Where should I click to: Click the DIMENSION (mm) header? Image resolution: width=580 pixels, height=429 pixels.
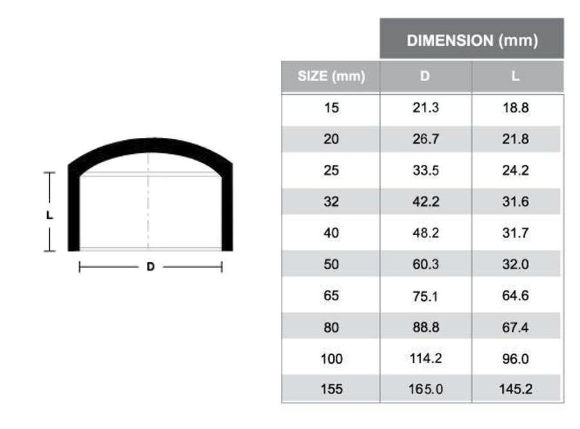click(x=472, y=40)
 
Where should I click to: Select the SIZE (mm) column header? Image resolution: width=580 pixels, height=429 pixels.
click(x=331, y=77)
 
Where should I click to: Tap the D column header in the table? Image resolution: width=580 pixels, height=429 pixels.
click(x=425, y=77)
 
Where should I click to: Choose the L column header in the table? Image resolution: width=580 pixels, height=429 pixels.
click(x=516, y=77)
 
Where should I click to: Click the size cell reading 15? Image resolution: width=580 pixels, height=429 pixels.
click(x=331, y=108)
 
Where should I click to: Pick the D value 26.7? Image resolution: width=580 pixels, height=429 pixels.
click(x=425, y=139)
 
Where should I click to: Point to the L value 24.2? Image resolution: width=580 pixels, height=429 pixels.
click(x=516, y=171)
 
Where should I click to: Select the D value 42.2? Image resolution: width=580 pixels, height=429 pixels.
click(x=425, y=202)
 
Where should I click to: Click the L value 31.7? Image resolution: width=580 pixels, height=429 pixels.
click(x=516, y=233)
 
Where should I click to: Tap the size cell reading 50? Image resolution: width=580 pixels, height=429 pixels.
click(x=331, y=265)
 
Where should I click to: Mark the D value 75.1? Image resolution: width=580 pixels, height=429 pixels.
click(x=425, y=296)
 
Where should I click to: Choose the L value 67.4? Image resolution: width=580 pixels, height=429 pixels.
click(x=516, y=328)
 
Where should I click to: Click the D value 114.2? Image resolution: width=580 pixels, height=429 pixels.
click(x=425, y=358)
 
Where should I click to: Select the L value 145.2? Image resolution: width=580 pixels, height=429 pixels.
click(x=516, y=390)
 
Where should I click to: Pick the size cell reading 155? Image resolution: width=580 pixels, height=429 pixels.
click(x=331, y=390)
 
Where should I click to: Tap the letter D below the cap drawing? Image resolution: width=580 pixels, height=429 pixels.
click(x=150, y=267)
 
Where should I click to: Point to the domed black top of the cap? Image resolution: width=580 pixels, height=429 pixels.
click(x=150, y=145)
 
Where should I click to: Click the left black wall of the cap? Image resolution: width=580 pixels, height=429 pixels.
click(x=73, y=213)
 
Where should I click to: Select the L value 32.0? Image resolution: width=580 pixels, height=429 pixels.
click(x=516, y=265)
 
